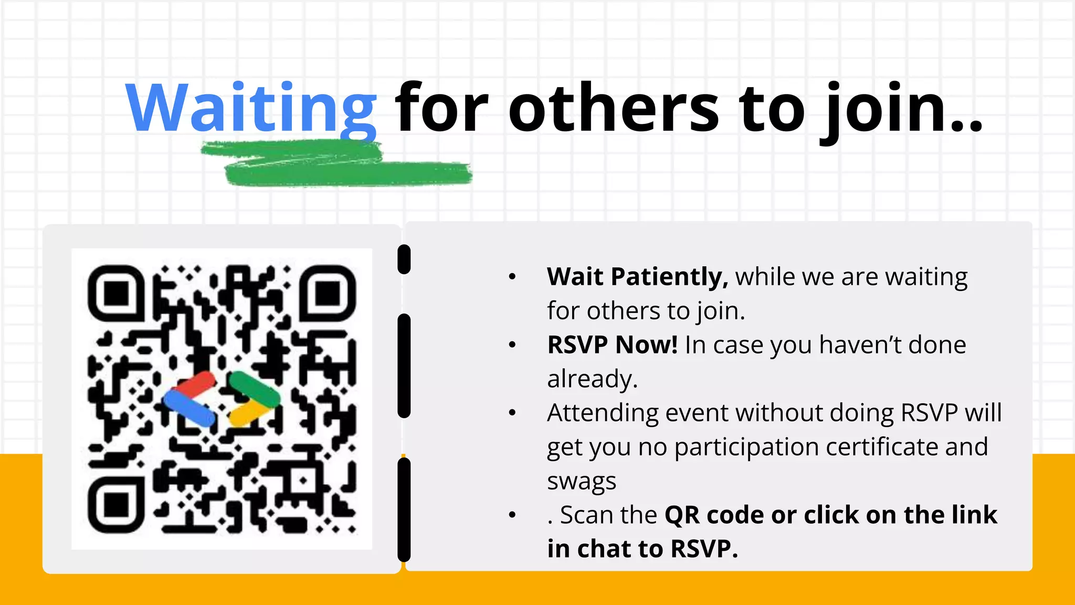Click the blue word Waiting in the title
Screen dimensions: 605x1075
pyautogui.click(x=251, y=108)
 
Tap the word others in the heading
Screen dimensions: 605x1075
pyautogui.click(x=614, y=108)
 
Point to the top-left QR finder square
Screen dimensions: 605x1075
pyautogui.click(x=116, y=293)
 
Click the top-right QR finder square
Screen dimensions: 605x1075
pyautogui.click(x=328, y=293)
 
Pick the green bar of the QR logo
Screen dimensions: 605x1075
pyautogui.click(x=254, y=389)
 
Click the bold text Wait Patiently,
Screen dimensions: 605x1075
pyautogui.click(x=637, y=277)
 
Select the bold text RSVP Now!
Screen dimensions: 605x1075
pyautogui.click(x=612, y=345)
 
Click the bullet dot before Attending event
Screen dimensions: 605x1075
pyautogui.click(x=512, y=413)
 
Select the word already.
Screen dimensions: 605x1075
pyautogui.click(x=592, y=379)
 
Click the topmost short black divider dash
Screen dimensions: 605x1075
pyautogui.click(x=404, y=259)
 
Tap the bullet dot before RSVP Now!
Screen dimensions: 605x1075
pyautogui.click(x=512, y=345)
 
